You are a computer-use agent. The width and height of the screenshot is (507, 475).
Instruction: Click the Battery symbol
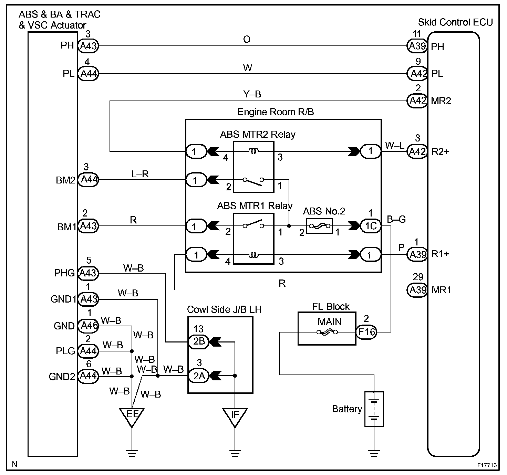point(374,409)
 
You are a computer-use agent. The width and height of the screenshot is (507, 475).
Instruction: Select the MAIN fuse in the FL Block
point(327,332)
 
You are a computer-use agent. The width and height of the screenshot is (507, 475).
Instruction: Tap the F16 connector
point(366,332)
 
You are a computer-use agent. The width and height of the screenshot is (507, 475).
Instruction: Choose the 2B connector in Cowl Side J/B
point(199,342)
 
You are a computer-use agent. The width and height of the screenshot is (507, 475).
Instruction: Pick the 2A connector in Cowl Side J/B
point(199,376)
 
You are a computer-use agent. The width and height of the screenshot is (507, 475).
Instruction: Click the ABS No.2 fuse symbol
point(319,226)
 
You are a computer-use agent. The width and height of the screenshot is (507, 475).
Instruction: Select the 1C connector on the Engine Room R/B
point(371,226)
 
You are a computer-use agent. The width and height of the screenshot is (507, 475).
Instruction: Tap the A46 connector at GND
point(89,326)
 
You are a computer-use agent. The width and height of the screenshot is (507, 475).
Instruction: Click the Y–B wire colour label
point(252,94)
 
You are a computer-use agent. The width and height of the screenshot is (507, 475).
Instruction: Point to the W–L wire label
point(394,145)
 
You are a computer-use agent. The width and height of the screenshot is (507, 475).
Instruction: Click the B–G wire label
point(396,219)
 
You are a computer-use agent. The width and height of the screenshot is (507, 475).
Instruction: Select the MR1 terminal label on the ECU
point(441,290)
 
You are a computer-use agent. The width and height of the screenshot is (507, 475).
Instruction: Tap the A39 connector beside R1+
point(417,254)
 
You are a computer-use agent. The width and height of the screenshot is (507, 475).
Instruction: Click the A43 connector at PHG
point(89,273)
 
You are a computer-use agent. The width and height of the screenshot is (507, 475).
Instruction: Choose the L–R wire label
point(140,174)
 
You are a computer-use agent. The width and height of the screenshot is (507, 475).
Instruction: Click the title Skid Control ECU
point(455,22)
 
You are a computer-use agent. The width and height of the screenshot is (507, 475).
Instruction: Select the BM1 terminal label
point(66,227)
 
